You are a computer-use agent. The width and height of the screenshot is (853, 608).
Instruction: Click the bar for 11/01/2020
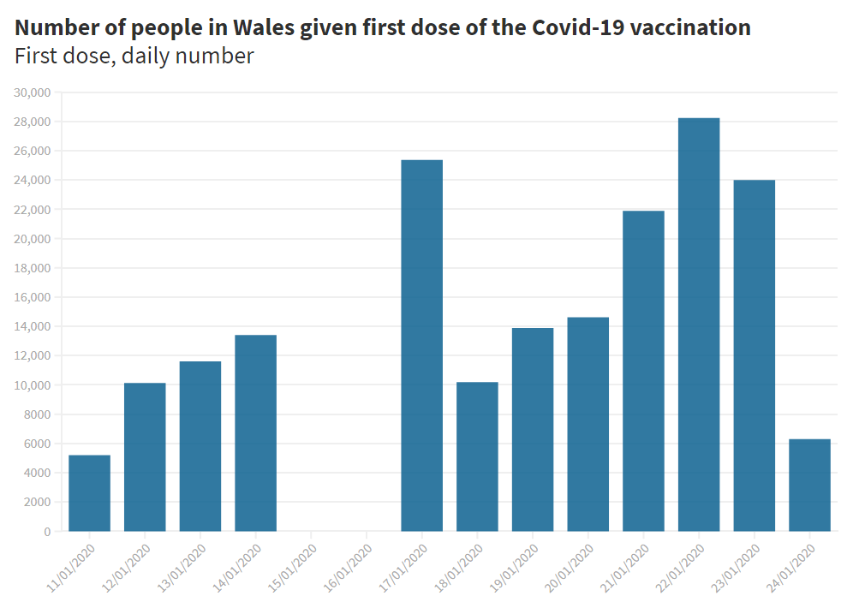[x=90, y=493]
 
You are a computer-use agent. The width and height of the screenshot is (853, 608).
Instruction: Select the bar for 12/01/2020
[x=145, y=457]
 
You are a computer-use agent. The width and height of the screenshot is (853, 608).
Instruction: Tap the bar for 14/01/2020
[x=255, y=433]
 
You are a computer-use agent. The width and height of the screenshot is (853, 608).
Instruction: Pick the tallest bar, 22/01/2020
[x=699, y=325]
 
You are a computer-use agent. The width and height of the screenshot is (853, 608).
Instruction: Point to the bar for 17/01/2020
[x=422, y=346]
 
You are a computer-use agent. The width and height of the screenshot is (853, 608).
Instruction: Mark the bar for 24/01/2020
[x=809, y=486]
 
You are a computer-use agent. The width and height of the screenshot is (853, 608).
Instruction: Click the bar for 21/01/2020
[x=643, y=371]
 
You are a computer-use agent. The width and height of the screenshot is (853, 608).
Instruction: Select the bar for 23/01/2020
[x=754, y=355]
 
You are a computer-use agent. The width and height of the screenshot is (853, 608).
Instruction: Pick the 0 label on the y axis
[x=46, y=532]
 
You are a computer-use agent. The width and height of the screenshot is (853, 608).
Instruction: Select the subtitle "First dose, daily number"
[x=134, y=57]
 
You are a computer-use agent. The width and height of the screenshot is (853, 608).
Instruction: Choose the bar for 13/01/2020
[x=200, y=446]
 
